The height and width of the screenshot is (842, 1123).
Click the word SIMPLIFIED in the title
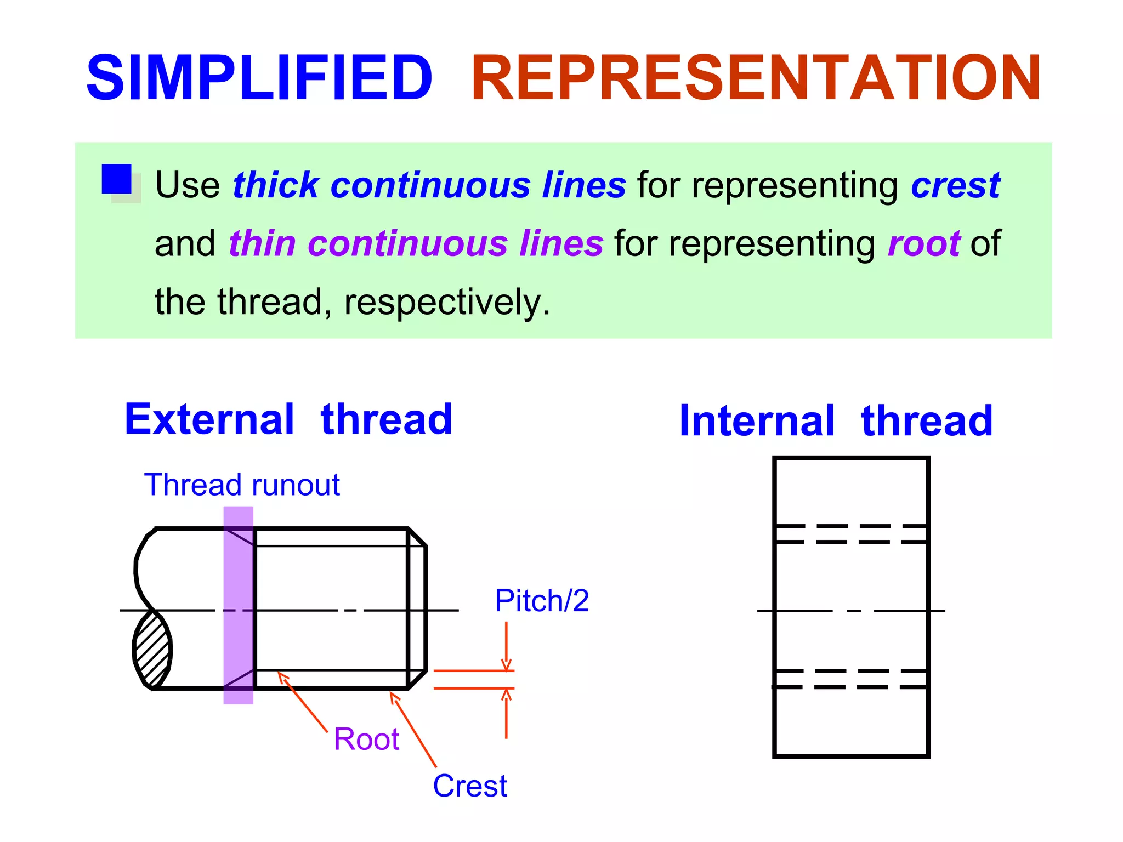[259, 78]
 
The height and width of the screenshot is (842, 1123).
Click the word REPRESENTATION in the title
[756, 78]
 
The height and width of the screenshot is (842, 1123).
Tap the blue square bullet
[116, 179]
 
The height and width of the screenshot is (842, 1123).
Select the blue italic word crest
[955, 185]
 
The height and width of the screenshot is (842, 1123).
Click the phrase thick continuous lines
[429, 185]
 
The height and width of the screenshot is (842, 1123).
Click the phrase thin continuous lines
[416, 243]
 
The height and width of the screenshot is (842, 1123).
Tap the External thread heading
[288, 419]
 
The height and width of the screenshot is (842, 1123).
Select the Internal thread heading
[836, 421]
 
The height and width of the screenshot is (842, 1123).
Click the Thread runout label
[242, 485]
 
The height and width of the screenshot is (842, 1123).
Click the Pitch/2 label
[542, 601]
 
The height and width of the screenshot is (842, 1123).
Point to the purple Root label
[366, 739]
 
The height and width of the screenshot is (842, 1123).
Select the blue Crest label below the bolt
[470, 786]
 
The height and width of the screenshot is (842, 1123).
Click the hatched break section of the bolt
[152, 650]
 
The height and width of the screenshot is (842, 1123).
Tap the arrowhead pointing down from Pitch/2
[506, 665]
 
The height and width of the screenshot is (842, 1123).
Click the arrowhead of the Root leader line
[282, 676]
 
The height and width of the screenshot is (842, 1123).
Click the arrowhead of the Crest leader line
[394, 696]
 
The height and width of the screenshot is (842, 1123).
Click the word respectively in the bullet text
[446, 302]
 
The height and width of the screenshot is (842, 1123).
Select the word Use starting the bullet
[188, 185]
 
